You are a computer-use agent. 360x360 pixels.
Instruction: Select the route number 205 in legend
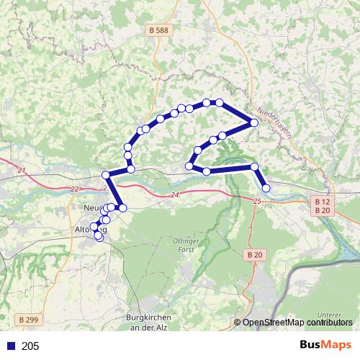point(31,346)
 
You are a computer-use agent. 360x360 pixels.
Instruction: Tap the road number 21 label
point(21,170)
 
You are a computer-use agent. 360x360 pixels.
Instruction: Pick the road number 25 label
point(256,201)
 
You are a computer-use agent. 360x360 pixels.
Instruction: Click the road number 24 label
point(174,194)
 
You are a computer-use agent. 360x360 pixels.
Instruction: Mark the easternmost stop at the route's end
point(266,188)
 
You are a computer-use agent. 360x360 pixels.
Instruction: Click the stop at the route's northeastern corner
point(254,122)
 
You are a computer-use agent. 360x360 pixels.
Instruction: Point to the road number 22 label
point(75,189)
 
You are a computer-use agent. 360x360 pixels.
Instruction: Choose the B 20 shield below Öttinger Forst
point(254,255)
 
